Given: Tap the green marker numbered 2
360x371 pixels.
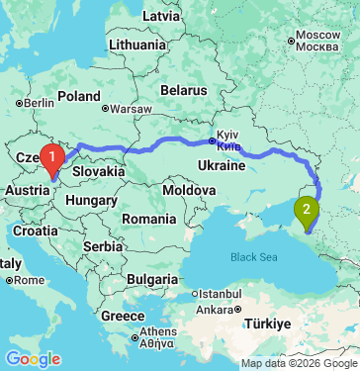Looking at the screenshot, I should [308, 209].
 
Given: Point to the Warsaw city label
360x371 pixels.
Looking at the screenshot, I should [131, 108].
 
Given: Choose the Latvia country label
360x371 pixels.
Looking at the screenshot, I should [161, 17].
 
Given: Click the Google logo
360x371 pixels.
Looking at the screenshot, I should [33, 358].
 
